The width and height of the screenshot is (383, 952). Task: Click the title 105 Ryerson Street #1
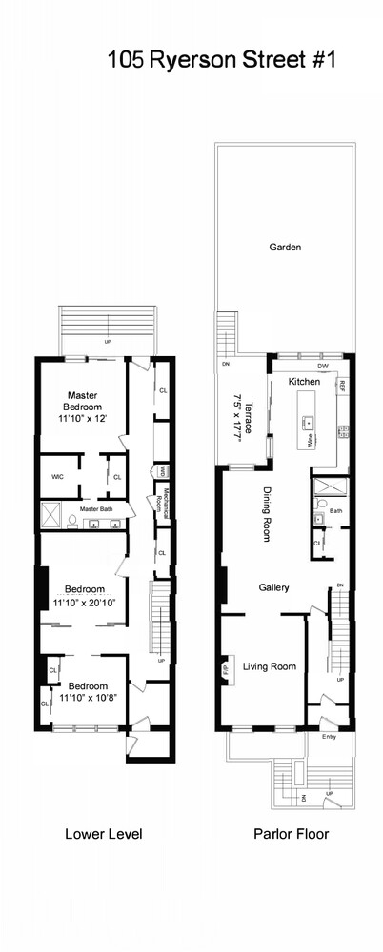222,62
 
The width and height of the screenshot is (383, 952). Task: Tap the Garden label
285,248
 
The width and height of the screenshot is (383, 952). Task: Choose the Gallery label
273,587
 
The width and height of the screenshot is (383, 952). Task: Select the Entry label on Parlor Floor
330,736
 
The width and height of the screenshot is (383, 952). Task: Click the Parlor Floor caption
291,835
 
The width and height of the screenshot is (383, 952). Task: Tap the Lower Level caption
104,835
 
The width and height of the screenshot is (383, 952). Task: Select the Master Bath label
97,509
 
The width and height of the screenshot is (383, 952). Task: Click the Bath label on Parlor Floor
335,510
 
